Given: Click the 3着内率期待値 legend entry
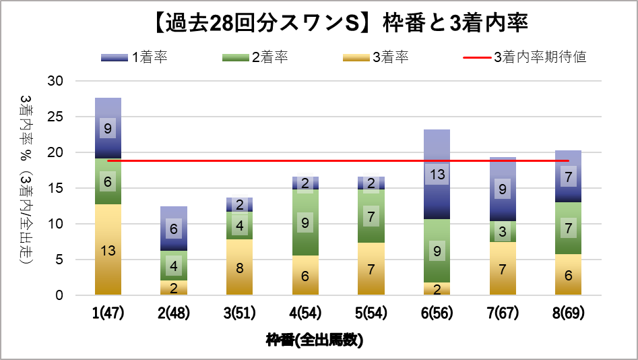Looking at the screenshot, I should coord(525,57).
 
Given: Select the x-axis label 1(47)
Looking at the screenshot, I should coord(108,313).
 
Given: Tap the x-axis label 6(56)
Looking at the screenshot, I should coord(437,313).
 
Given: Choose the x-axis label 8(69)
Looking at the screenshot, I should coord(568,313).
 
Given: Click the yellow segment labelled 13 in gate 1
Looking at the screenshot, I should coord(108,249).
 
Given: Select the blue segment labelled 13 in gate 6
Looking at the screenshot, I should coord(437,175).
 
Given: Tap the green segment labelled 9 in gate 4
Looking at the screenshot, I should coord(305,222).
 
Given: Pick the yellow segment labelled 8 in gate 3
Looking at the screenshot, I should coord(239,267).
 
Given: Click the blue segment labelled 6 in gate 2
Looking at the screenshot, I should coord(174,229).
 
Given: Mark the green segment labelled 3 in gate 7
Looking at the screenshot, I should coord(503,232).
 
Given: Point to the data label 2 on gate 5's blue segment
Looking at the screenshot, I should coord(371,183).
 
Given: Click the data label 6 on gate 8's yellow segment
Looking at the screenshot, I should coord(568,275).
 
